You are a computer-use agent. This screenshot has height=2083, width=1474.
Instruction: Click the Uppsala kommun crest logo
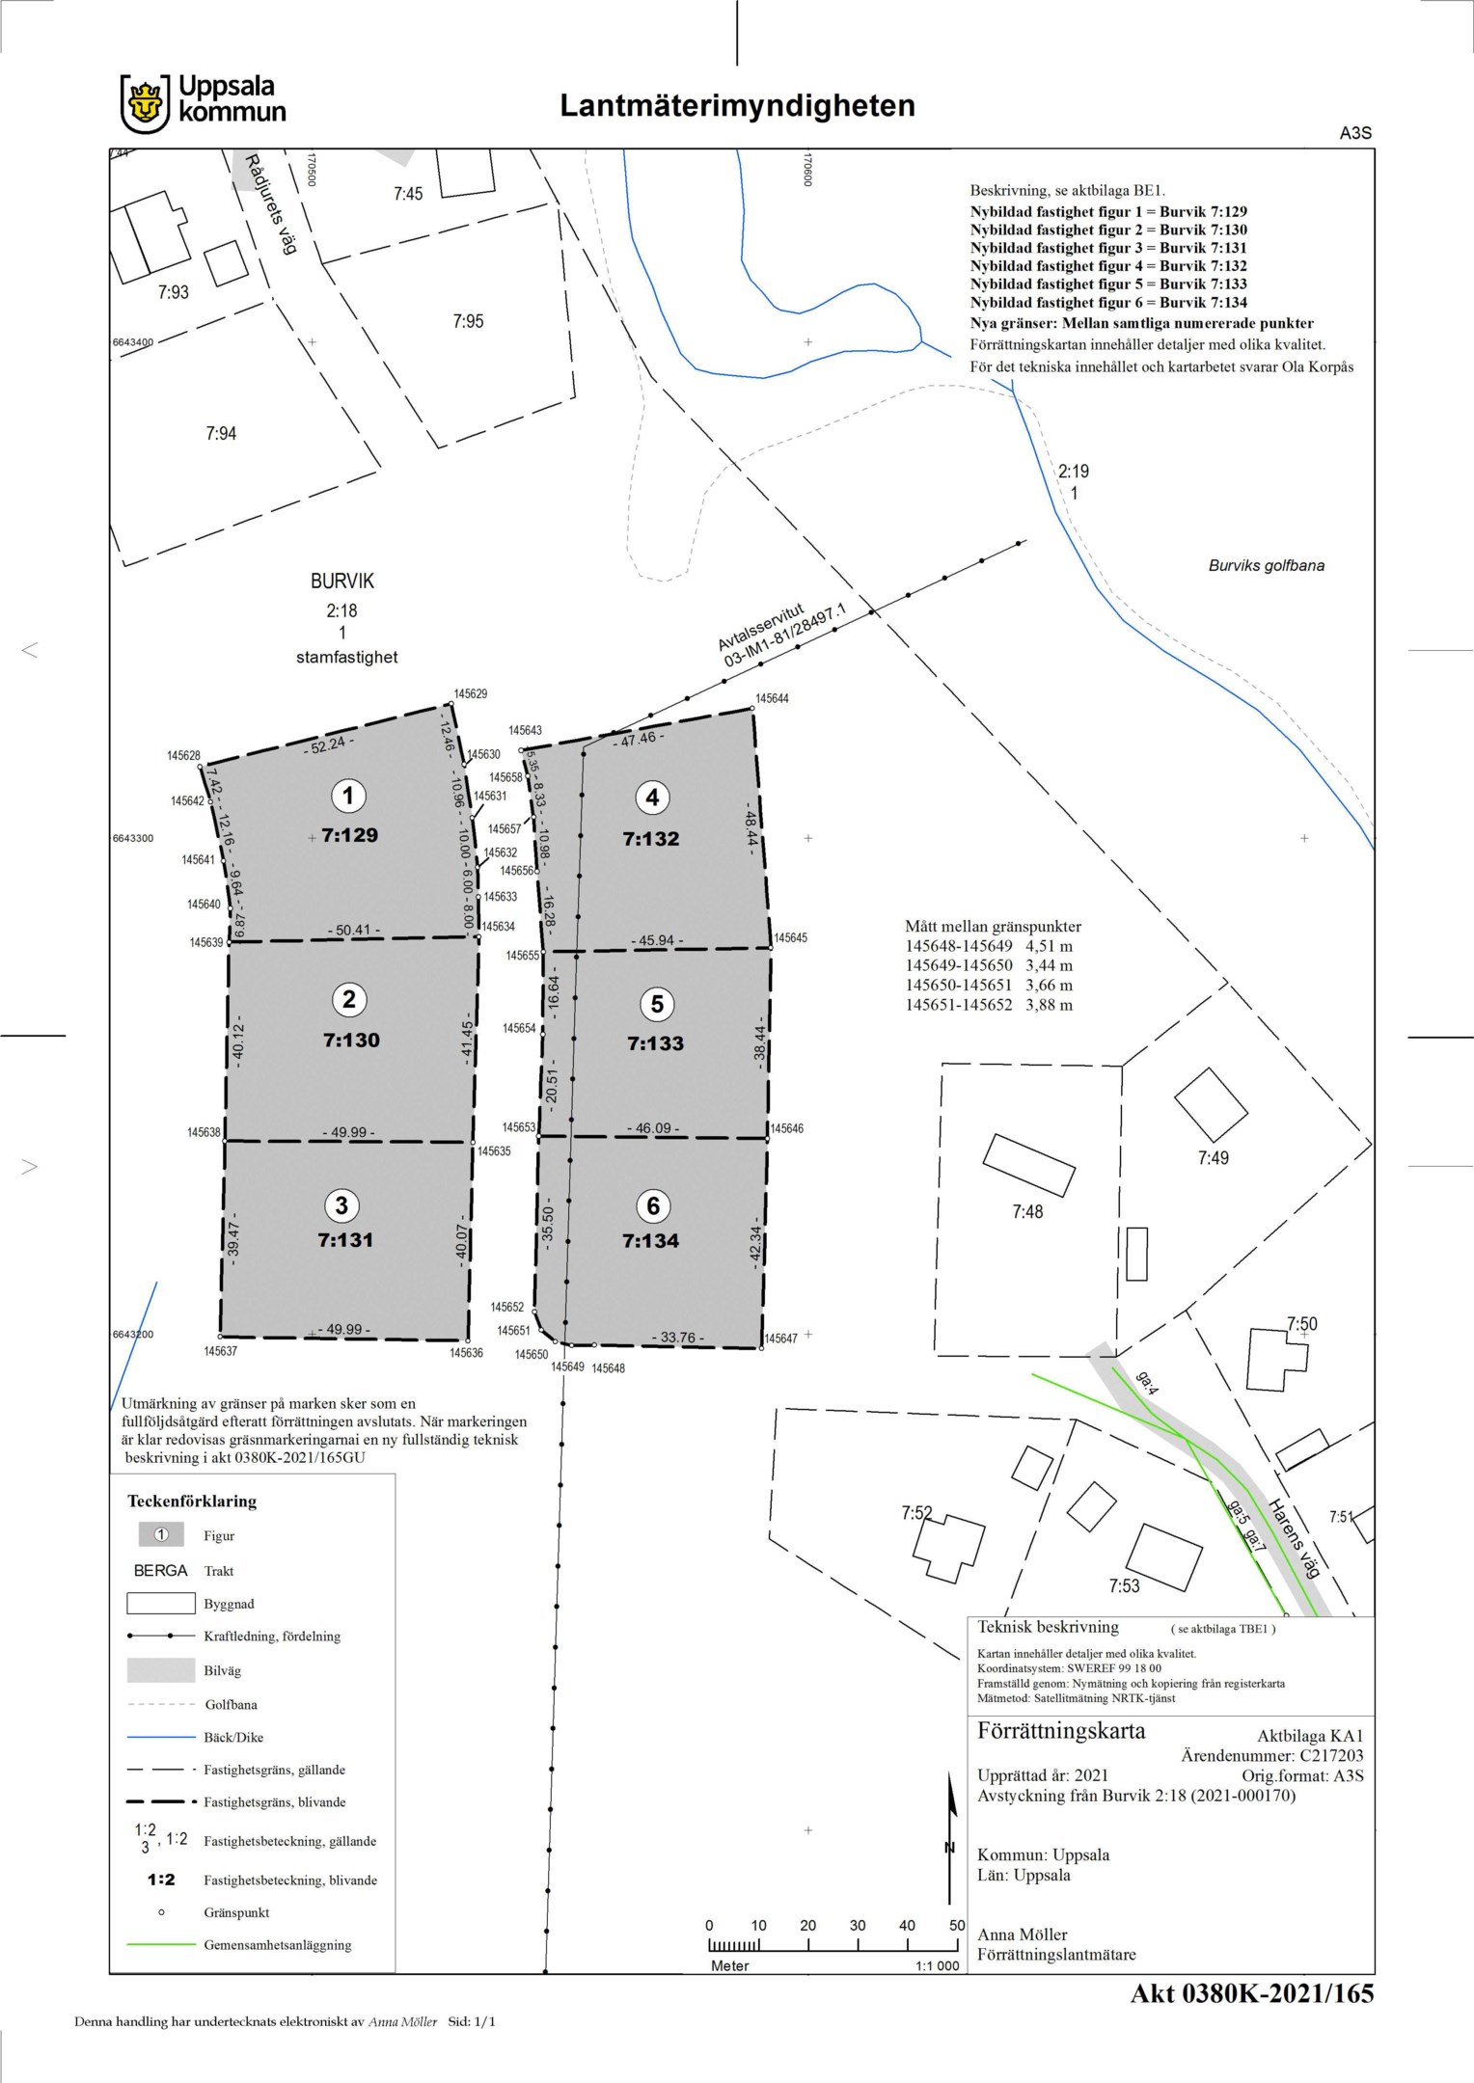point(145,104)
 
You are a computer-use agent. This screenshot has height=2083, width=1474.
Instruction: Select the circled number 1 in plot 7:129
point(348,796)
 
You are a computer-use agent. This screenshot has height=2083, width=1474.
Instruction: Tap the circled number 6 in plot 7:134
point(653,1205)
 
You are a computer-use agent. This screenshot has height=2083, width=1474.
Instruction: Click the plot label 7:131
point(345,1240)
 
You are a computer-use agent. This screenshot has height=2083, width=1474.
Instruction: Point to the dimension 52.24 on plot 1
point(329,744)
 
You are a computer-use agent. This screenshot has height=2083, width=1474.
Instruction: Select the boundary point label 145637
point(220,1351)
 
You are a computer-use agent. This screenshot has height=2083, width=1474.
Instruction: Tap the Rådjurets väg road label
point(269,203)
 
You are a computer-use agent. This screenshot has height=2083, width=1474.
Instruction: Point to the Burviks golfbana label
point(1267,566)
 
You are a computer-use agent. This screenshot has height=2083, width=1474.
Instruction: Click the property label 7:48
point(1027,1212)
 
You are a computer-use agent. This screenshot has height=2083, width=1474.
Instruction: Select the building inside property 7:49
point(1211,1104)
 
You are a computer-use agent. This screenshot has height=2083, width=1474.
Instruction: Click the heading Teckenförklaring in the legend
point(192,1501)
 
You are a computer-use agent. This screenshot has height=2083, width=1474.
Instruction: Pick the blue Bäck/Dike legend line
point(161,1737)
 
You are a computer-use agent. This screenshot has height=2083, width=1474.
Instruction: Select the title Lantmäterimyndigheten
point(738,105)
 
